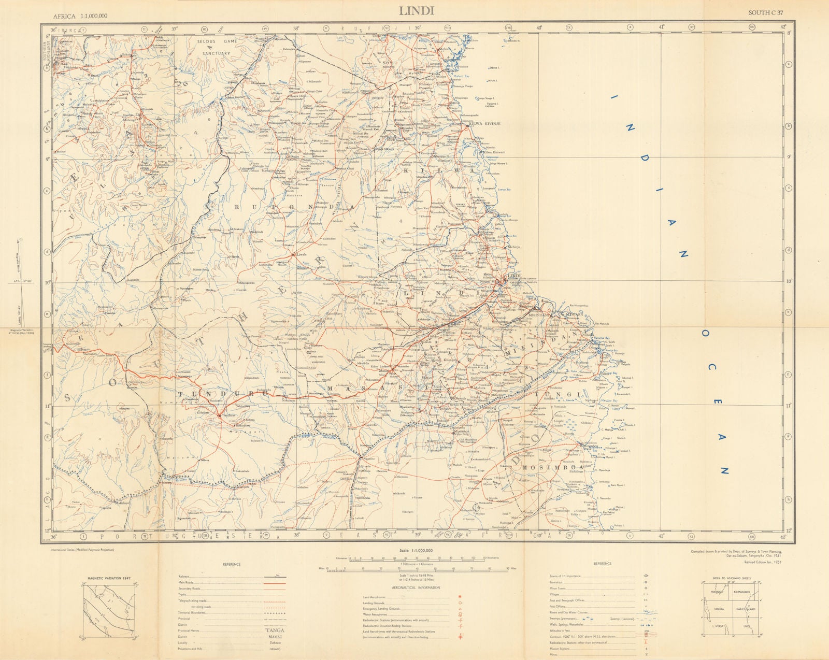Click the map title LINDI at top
click(417, 10)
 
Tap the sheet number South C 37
click(767, 12)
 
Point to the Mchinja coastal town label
click(513, 248)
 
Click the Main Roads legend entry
click(184, 583)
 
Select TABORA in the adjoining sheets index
click(718, 609)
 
